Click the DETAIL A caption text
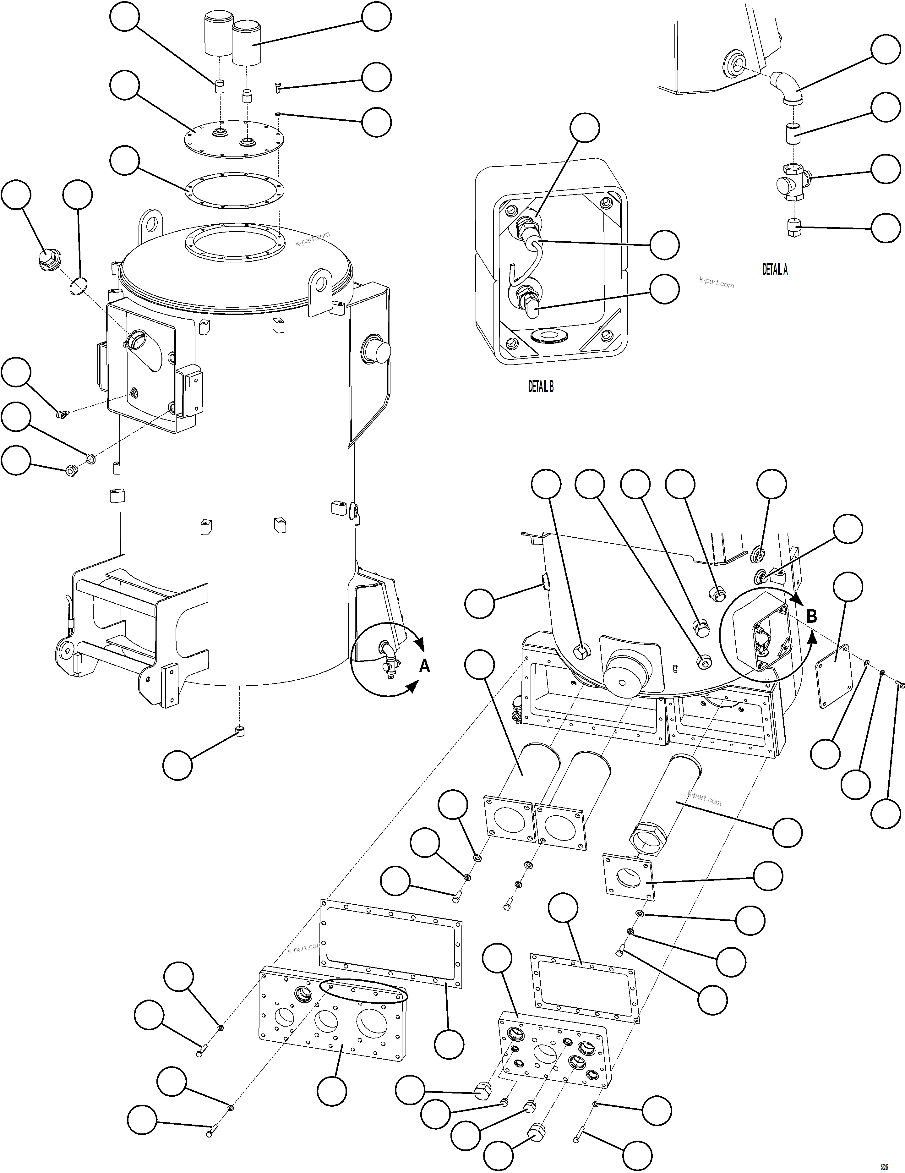775,270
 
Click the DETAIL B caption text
541,386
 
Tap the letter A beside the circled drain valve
424,666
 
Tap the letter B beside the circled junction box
812,616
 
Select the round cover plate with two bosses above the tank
233,139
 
